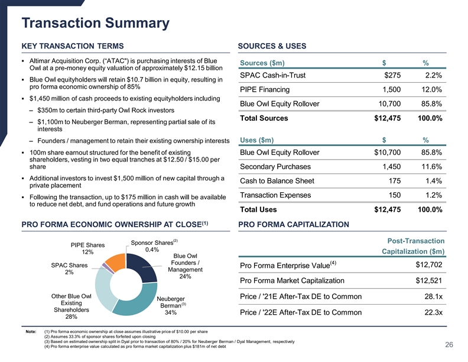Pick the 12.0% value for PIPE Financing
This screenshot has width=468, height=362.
[x=431, y=89]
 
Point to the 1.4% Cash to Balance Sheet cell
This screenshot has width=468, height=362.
[x=433, y=181]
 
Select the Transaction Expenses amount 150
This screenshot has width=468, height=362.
[x=392, y=195]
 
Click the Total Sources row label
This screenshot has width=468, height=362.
[x=264, y=118]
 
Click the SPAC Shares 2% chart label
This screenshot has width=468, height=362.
[x=70, y=269]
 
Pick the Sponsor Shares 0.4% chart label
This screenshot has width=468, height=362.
[x=152, y=246]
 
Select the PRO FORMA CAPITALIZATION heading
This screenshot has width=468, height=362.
[x=293, y=224]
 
